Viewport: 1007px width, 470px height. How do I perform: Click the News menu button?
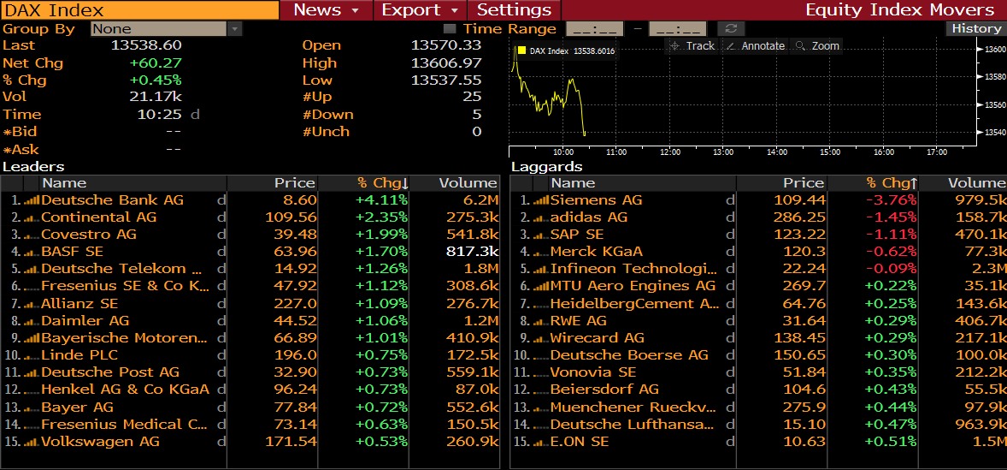click(x=327, y=10)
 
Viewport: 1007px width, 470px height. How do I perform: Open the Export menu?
click(x=420, y=10)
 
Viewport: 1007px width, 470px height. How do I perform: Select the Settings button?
click(x=514, y=10)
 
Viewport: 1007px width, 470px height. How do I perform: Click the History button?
click(x=975, y=28)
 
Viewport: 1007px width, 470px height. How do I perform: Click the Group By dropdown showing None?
click(x=167, y=28)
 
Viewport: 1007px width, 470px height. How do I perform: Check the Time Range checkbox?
click(x=450, y=28)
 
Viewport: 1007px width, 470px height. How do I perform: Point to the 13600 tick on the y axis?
click(x=992, y=49)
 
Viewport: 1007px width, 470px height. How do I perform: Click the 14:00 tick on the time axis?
click(x=777, y=152)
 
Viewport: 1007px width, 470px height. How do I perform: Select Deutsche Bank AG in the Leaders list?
click(x=112, y=199)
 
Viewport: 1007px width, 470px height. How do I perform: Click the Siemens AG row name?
click(x=596, y=199)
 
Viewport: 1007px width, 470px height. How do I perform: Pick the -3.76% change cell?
click(x=891, y=199)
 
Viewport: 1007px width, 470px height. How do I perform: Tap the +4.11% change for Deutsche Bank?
click(x=382, y=199)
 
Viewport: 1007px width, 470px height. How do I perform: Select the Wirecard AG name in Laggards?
click(x=597, y=337)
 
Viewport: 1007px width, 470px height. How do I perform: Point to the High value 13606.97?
click(x=446, y=62)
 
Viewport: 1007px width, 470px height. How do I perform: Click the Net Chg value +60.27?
click(x=156, y=62)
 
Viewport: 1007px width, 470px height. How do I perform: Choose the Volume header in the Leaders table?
click(x=468, y=182)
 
